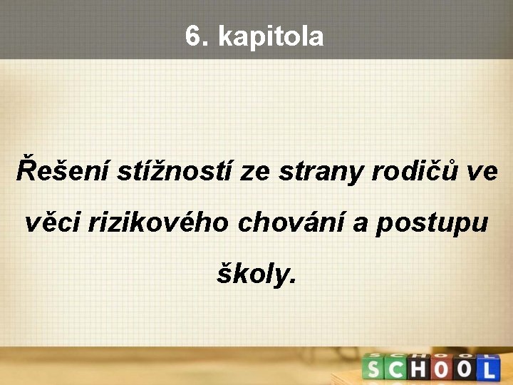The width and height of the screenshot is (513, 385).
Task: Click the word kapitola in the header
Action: click(x=271, y=37)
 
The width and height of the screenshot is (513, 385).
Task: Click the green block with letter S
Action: click(x=374, y=369)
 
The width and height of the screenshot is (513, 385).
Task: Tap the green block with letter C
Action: click(x=396, y=369)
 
